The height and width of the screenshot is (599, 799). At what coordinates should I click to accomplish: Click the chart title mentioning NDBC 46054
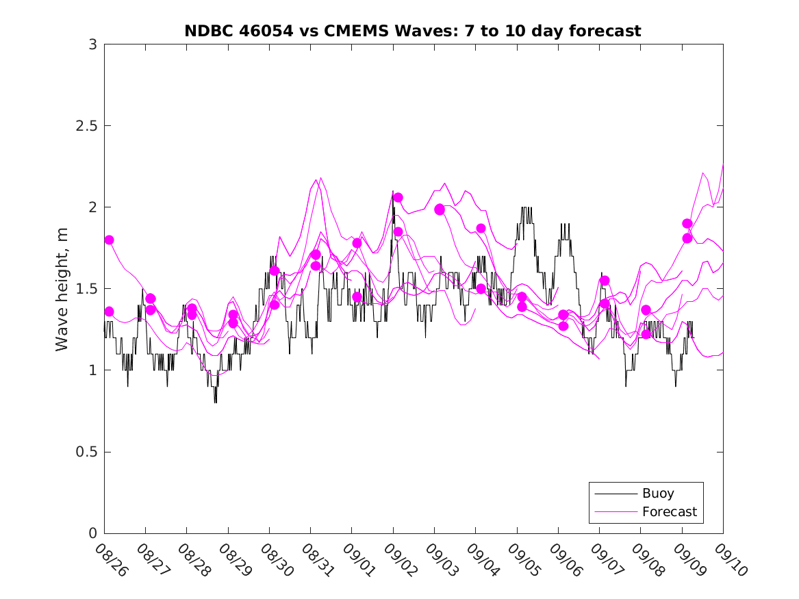tap(413, 31)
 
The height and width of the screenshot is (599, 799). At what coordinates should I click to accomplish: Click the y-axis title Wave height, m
tap(62, 288)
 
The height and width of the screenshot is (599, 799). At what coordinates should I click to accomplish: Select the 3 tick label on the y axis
tap(92, 44)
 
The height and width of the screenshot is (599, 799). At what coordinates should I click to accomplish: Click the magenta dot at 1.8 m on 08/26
tap(109, 240)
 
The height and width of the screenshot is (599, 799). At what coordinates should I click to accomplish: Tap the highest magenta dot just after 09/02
tap(398, 197)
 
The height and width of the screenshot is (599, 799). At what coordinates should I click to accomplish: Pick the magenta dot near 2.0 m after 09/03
tap(440, 209)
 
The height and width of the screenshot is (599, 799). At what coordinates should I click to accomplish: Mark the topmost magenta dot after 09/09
tap(687, 223)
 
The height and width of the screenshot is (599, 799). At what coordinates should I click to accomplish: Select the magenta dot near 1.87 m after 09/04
tap(481, 228)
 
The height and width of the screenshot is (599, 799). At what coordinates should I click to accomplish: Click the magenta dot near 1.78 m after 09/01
tap(357, 243)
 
